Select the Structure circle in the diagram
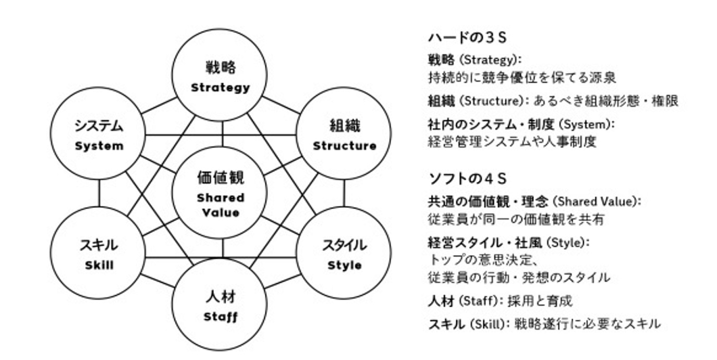[344, 135]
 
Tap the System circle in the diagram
[99, 135]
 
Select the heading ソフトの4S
[467, 179]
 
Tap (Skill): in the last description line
[489, 324]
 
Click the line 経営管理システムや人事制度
[512, 141]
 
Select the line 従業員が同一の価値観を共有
[516, 219]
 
